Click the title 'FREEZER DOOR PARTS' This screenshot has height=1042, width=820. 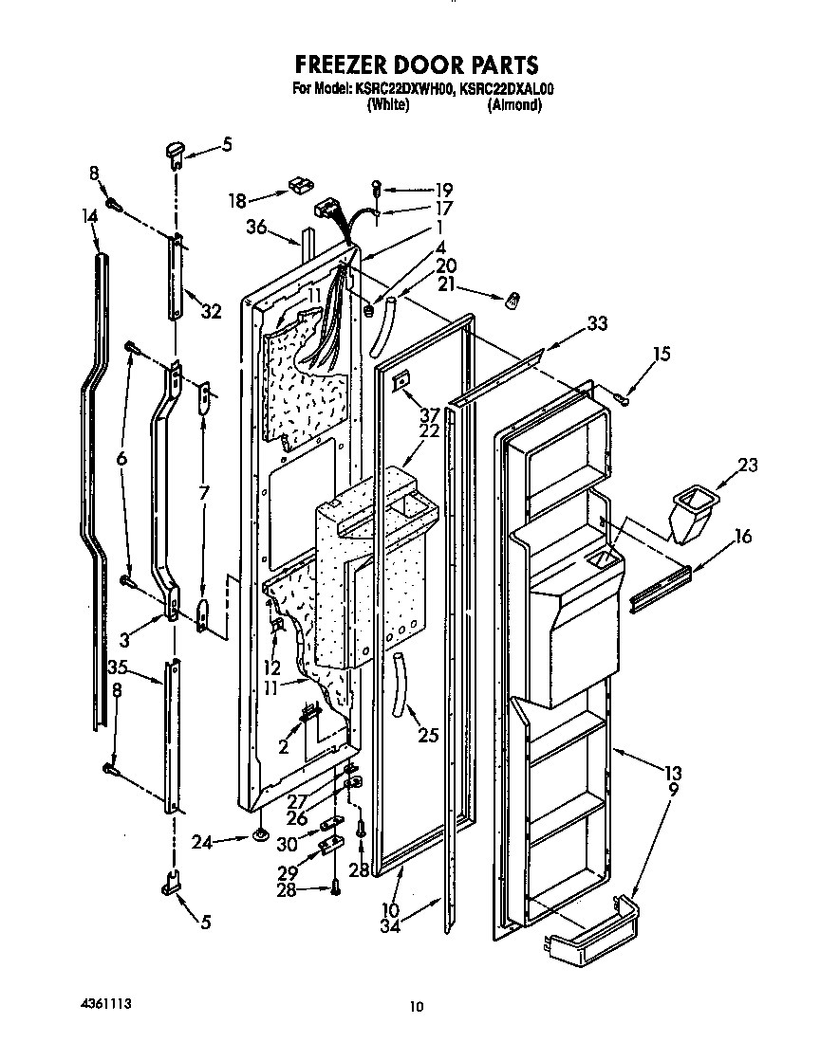[x=417, y=64]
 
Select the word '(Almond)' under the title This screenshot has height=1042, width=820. [x=514, y=105]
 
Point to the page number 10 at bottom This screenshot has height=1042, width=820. [x=415, y=1007]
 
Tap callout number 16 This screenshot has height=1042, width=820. [x=742, y=538]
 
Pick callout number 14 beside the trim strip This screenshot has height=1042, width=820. [x=89, y=216]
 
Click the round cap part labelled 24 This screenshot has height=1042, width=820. [x=258, y=835]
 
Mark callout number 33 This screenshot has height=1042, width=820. [x=596, y=322]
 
